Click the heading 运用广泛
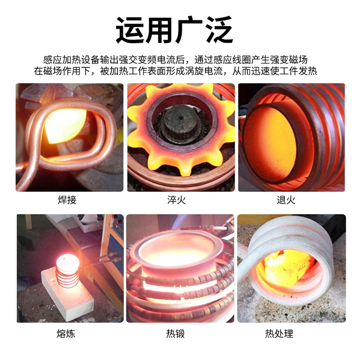click(x=175, y=30)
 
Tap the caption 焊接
click(x=67, y=200)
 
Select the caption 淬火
click(x=176, y=200)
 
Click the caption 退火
click(x=286, y=200)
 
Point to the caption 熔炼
click(x=66, y=334)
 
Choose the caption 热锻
click(x=175, y=334)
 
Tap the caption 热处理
click(x=279, y=334)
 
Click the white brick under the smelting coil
click(x=68, y=296)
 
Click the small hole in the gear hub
click(x=181, y=118)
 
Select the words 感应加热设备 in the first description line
click(x=67, y=60)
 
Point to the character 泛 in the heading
click(x=219, y=30)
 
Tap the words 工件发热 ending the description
click(x=298, y=71)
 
